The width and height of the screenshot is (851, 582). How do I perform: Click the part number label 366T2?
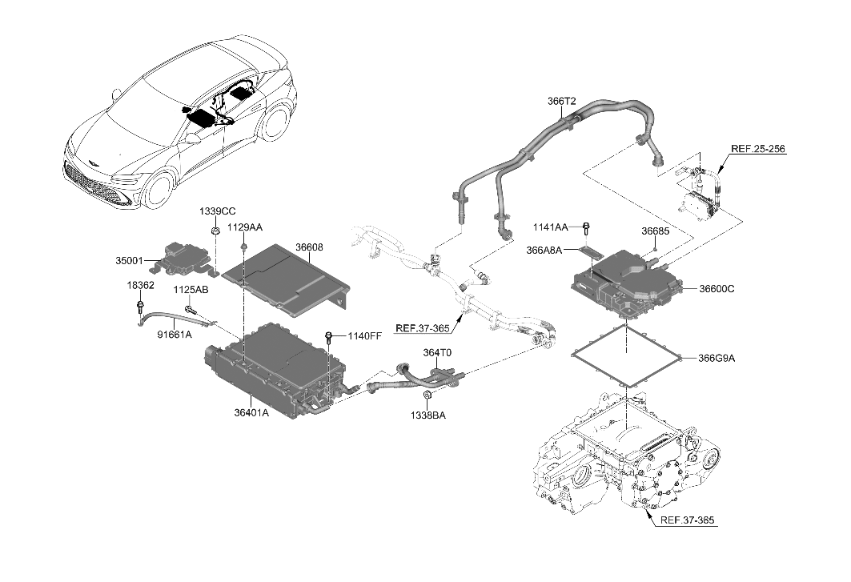click(563, 102)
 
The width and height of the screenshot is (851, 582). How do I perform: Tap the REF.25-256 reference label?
click(758, 148)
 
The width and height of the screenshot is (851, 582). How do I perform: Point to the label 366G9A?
click(716, 358)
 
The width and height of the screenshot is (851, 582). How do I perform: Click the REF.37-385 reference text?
click(688, 521)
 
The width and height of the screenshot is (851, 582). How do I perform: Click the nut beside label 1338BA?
click(427, 396)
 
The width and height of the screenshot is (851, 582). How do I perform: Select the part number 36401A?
click(251, 413)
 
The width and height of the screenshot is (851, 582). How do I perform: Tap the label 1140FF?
click(364, 335)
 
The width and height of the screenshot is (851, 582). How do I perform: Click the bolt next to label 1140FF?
click(329, 336)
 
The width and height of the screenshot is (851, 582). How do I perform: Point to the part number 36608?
click(309, 247)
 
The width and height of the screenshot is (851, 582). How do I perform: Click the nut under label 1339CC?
click(215, 232)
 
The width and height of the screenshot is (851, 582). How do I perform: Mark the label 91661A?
click(175, 335)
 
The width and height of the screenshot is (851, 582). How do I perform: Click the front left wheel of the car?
click(155, 195)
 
